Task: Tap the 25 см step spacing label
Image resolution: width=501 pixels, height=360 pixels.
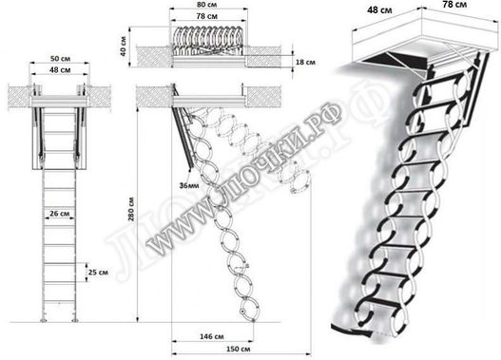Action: pos(97,273)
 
